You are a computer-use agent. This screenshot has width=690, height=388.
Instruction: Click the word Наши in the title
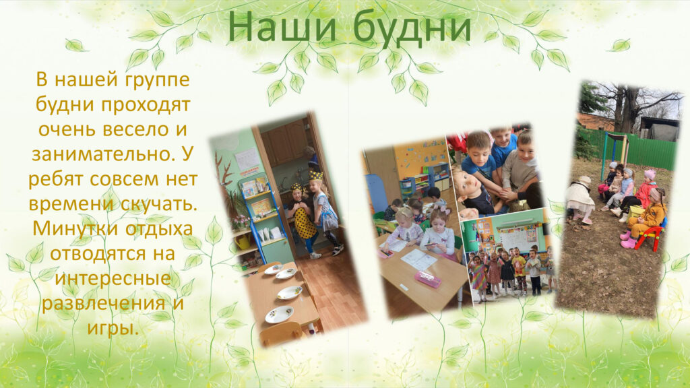point(282,27)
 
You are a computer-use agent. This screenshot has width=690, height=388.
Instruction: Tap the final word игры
point(113,329)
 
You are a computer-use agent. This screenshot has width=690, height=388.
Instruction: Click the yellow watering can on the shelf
point(244,241)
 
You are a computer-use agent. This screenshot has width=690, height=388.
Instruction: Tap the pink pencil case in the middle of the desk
point(428,278)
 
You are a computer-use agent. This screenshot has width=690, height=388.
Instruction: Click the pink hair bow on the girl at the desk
point(445,210)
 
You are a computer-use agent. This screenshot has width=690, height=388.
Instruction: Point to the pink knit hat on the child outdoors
point(650,174)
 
